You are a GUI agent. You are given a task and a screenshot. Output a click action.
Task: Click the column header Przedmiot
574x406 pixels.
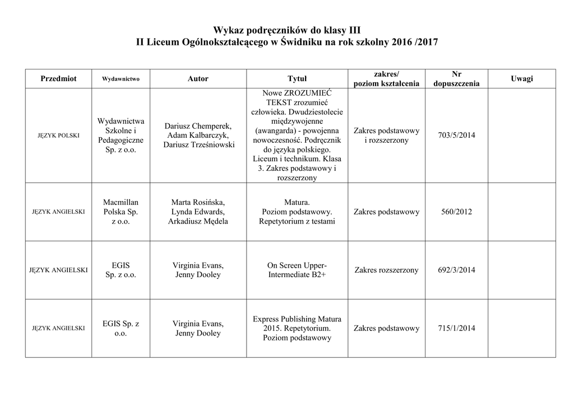[58, 79]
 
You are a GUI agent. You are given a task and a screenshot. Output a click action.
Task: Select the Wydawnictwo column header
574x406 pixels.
[121, 79]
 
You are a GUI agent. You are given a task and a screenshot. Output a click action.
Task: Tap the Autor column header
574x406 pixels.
[198, 79]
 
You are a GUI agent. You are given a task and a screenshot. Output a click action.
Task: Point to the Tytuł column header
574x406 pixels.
[297, 79]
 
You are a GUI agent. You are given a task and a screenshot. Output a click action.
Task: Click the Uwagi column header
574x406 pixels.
[521, 79]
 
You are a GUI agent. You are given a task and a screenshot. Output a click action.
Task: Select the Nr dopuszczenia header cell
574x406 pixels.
[456, 79]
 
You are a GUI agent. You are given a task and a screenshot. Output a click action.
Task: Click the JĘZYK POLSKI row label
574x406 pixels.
[58, 136]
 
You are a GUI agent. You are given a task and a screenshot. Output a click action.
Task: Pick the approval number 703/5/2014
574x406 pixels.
[456, 136]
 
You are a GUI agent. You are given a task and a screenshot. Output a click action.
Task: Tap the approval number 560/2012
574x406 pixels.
[456, 212]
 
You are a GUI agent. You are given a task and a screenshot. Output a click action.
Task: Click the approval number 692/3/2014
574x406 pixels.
[456, 270]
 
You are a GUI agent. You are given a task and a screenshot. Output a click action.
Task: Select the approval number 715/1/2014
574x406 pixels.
[456, 328]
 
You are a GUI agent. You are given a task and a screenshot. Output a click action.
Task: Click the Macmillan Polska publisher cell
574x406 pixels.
[121, 212]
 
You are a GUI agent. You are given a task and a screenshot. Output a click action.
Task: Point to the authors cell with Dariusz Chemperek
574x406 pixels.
[198, 136]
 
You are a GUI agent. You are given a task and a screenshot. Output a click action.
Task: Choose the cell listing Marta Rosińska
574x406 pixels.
[198, 212]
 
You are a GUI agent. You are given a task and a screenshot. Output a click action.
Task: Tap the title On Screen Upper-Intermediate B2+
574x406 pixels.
[297, 270]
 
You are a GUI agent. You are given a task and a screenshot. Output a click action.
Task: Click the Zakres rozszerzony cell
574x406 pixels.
[386, 270]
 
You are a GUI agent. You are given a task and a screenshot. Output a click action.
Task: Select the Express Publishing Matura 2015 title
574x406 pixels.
[297, 328]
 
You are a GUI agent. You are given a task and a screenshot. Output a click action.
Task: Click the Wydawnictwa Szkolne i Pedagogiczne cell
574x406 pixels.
[121, 136]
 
